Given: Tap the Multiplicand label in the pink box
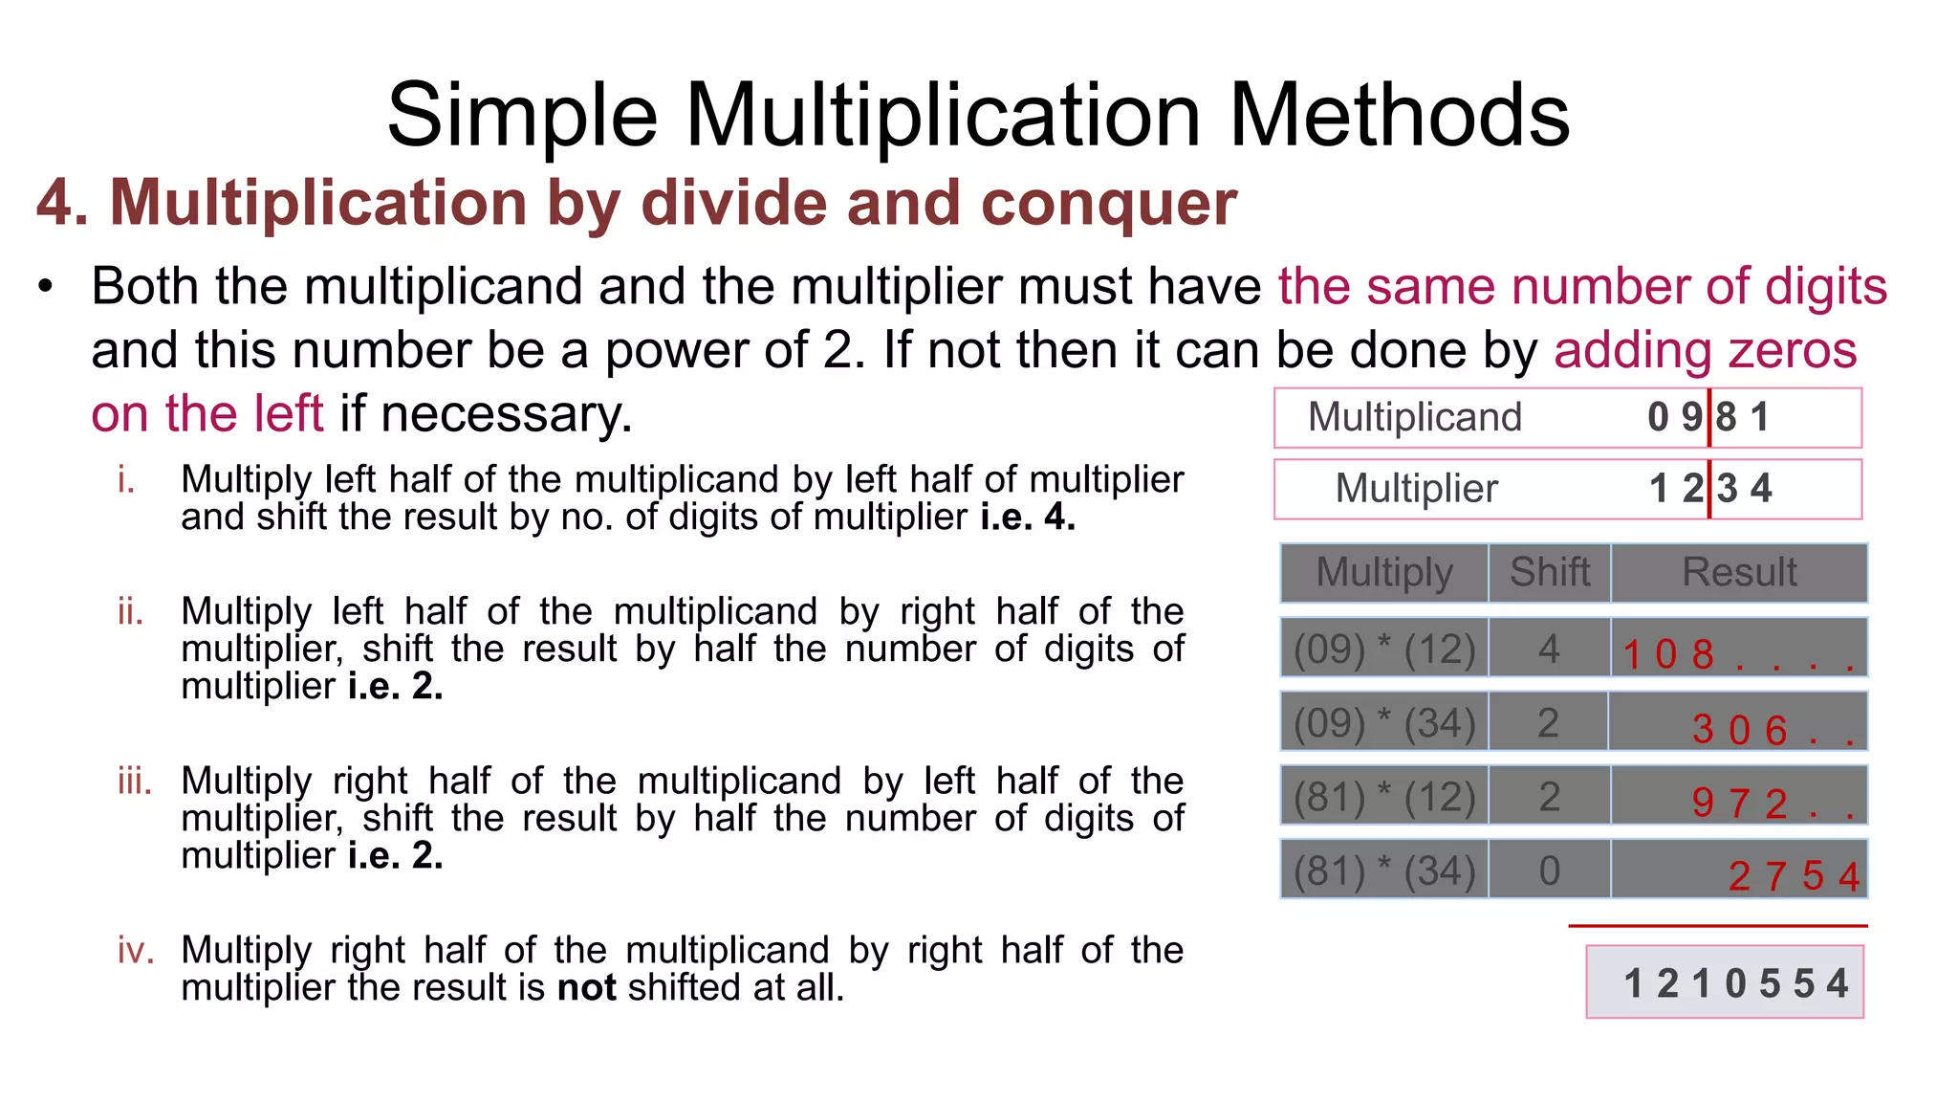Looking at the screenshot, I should click(x=1414, y=417).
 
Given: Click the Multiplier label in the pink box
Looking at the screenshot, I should click(x=1416, y=489).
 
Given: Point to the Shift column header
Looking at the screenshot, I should click(x=1550, y=572).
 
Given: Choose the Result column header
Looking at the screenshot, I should click(x=1739, y=572).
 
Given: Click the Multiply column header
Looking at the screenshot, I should click(x=1384, y=572).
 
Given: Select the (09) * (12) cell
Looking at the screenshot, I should click(x=1384, y=649).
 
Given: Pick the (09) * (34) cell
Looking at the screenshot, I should click(x=1384, y=722).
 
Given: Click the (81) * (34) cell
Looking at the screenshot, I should click(x=1384, y=871).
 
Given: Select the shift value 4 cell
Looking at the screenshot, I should click(x=1550, y=649).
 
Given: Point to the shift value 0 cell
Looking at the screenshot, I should click(x=1550, y=871).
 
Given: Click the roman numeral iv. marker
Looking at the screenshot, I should click(x=136, y=951).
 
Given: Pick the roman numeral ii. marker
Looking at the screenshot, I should click(x=131, y=611).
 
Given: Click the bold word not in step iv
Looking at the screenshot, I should click(x=586, y=987).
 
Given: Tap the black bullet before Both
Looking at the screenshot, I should click(x=46, y=287).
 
